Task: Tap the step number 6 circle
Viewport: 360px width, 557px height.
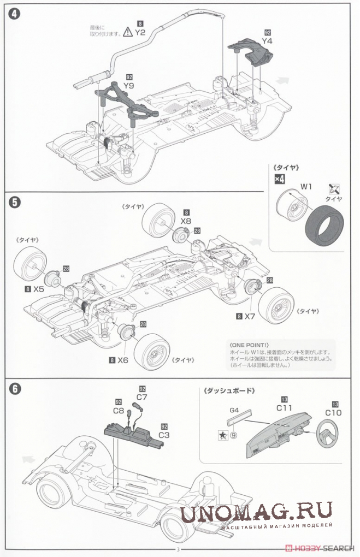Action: click(x=15, y=389)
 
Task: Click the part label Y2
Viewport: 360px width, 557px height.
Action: click(x=140, y=32)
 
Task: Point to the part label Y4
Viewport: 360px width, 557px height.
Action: click(x=267, y=40)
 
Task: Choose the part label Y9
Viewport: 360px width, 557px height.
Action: click(x=129, y=85)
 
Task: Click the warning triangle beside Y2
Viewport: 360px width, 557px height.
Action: click(x=127, y=32)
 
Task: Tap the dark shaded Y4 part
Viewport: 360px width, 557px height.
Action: click(x=253, y=51)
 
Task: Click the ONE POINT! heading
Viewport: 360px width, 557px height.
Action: click(x=249, y=346)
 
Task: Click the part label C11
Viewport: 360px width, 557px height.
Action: click(x=284, y=408)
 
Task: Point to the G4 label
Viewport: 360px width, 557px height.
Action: click(x=235, y=409)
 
